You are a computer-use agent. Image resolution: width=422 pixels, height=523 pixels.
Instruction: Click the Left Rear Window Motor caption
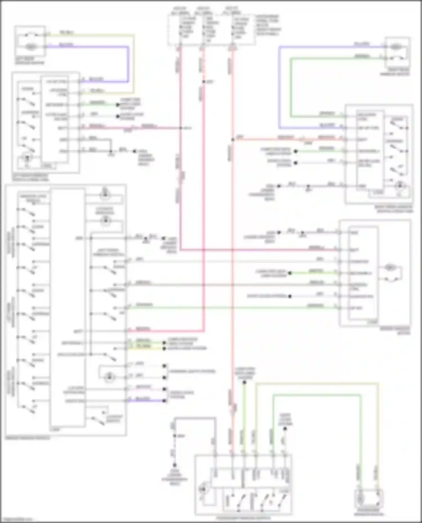coord(30,61)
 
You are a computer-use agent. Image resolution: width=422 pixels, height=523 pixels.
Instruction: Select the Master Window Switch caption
coord(27,438)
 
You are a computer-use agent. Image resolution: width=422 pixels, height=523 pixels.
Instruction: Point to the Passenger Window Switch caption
coord(243,518)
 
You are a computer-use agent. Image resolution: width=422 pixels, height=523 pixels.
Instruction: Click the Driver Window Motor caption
coord(395,331)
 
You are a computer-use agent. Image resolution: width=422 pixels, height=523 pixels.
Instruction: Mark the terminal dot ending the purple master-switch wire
coord(164,401)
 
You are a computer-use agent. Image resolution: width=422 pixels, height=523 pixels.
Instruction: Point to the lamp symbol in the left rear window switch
coord(27,158)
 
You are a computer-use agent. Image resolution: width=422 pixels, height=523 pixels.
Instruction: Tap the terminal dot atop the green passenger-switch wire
coord(244,382)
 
